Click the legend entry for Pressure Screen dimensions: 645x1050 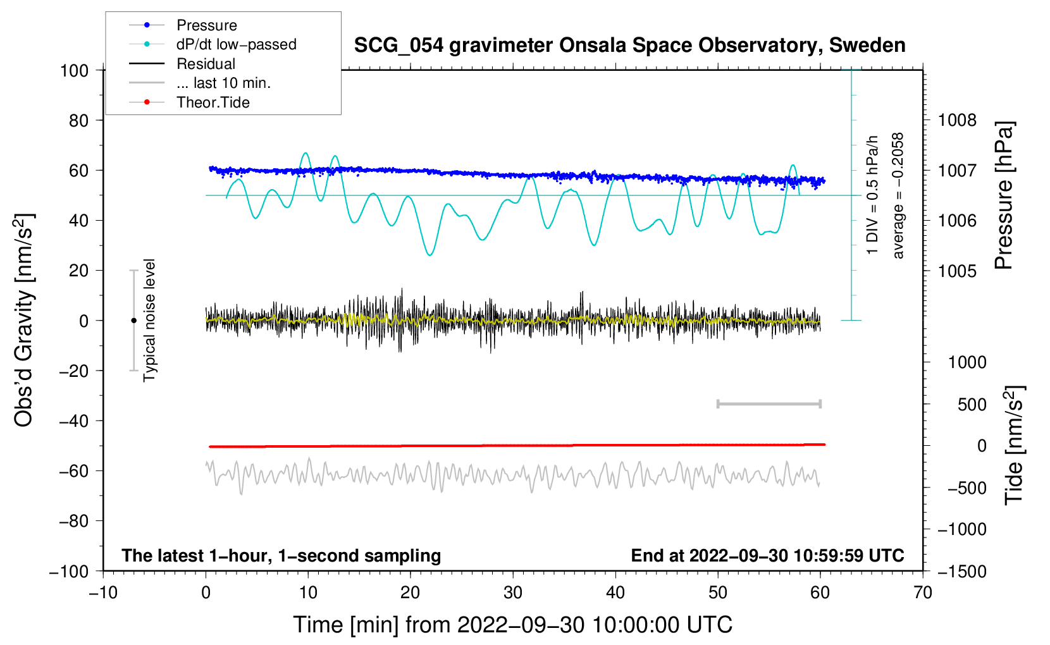click(206, 25)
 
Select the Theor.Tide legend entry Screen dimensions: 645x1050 click(213, 102)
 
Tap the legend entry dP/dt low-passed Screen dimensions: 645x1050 click(236, 44)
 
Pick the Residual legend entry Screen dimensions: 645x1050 click(206, 64)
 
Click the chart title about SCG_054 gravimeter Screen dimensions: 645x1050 click(629, 46)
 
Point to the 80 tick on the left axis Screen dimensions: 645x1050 click(74, 120)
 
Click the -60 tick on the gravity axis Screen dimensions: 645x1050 click(74, 470)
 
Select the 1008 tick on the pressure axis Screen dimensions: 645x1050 click(957, 120)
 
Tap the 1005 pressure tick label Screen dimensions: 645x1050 click(957, 271)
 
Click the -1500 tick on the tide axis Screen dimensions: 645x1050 click(962, 571)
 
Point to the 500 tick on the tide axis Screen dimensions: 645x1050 click(972, 404)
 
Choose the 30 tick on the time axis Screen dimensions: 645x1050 click(513, 593)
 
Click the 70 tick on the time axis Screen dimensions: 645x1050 click(923, 593)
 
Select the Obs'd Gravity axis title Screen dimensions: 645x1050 click(24, 320)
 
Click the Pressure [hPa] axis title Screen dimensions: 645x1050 click(1004, 195)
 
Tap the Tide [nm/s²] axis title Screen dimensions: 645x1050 click(1014, 445)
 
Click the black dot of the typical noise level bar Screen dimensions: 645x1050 click(133, 321)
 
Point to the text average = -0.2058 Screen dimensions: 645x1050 click(898, 195)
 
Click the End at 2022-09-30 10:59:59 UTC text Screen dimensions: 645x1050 click(767, 555)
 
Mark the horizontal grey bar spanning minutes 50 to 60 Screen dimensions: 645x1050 click(769, 403)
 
